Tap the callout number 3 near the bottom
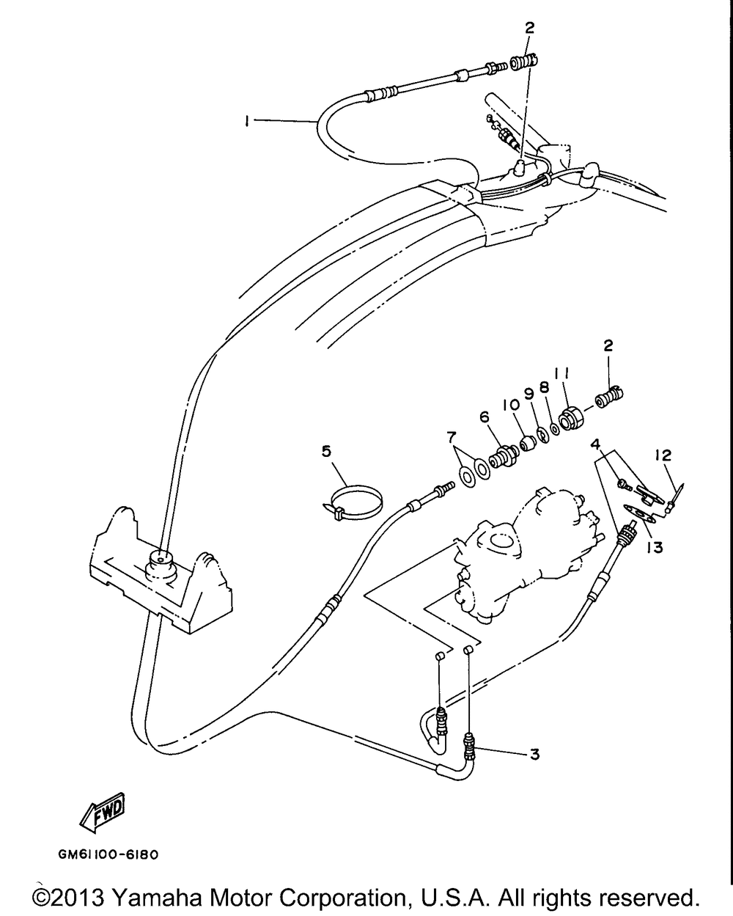point(535,754)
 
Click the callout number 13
point(654,547)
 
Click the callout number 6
point(485,417)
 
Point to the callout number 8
point(545,385)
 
